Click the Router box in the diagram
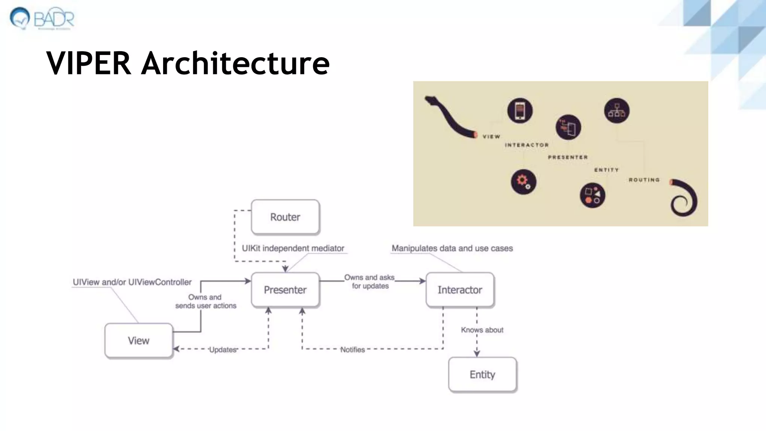285,217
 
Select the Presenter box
285,290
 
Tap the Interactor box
460,290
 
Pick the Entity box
482,375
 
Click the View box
139,340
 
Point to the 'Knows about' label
482,330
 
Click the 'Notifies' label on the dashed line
352,350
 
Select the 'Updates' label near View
223,350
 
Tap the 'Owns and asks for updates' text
370,282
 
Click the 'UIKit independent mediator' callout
293,248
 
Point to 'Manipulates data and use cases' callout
452,248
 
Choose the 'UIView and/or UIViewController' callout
132,282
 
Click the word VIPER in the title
89,63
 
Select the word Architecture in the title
235,63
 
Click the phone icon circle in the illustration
520,111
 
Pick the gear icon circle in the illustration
524,182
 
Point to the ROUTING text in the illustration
644,180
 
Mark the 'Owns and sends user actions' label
206,302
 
